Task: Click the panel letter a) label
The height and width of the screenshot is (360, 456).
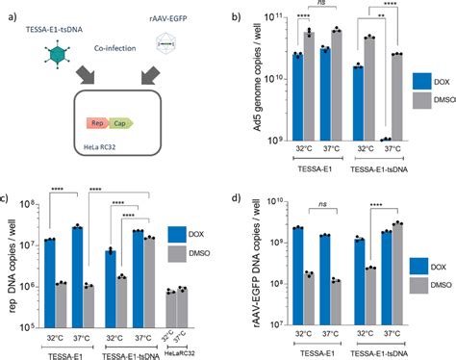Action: (7, 9)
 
